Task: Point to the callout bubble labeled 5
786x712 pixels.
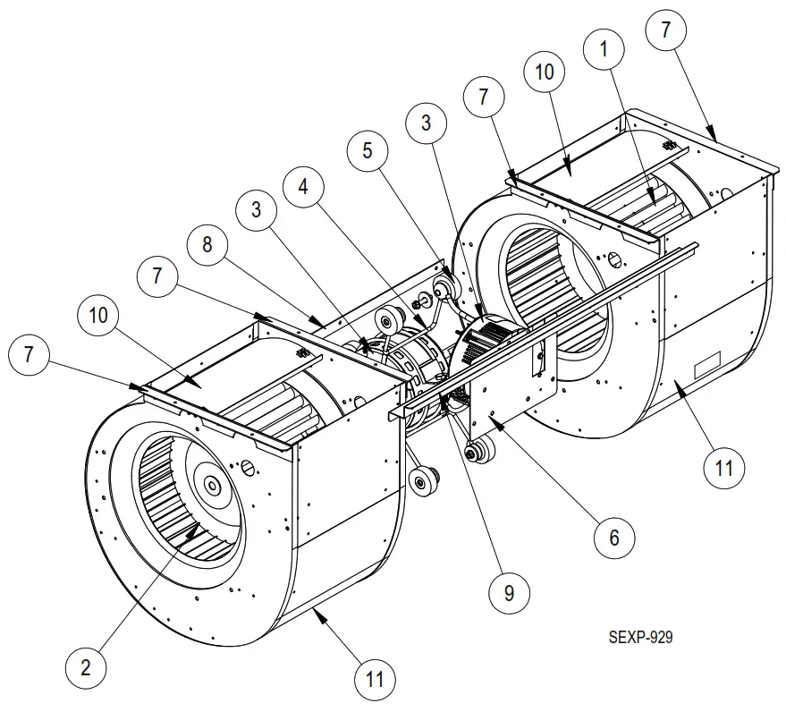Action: [366, 151]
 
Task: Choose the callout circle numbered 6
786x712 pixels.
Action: [614, 537]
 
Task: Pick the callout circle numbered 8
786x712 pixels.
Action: [207, 245]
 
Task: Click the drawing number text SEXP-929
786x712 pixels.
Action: [640, 637]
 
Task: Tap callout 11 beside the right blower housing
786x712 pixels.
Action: [723, 466]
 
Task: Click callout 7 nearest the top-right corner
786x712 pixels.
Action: [665, 30]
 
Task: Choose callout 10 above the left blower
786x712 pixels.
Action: [97, 315]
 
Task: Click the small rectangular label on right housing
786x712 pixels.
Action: [707, 364]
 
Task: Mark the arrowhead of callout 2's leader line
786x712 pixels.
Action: [198, 526]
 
